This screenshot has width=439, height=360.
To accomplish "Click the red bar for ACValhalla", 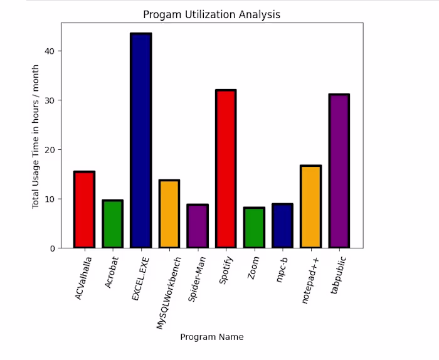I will click(84, 210).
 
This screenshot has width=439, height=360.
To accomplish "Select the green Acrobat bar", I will click(112, 224).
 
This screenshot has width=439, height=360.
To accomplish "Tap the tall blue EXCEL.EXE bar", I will click(140, 141).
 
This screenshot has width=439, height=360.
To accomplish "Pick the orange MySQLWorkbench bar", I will click(169, 214).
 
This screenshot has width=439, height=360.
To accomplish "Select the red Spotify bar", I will click(225, 169).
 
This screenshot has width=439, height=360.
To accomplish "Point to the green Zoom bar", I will click(253, 228).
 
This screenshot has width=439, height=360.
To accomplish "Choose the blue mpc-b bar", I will click(282, 226).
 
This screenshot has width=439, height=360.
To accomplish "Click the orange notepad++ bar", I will click(310, 207).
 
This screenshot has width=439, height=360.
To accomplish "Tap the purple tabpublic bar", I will click(339, 171).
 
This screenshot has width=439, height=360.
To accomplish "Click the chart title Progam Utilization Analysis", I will click(211, 14).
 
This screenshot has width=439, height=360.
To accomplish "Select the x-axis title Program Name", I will click(211, 337).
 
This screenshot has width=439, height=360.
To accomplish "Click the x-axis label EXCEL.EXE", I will click(139, 277).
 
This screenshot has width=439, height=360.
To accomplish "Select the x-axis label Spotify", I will click(226, 270).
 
